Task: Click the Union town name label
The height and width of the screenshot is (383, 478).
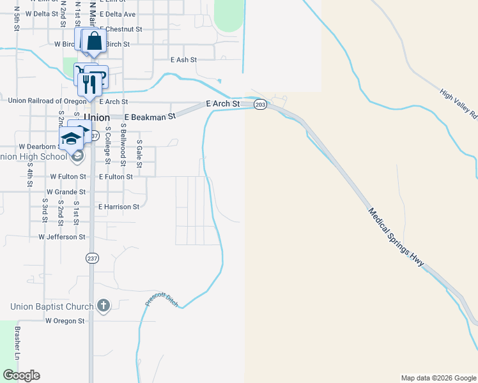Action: pyautogui.click(x=97, y=118)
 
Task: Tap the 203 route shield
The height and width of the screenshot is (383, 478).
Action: pyautogui.click(x=260, y=104)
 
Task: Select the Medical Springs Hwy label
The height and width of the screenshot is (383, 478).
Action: pyautogui.click(x=396, y=237)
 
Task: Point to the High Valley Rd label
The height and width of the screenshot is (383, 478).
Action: pyautogui.click(x=459, y=103)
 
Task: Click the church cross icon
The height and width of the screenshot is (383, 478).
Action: pyautogui.click(x=104, y=307)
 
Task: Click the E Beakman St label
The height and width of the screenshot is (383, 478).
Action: pyautogui.click(x=150, y=117)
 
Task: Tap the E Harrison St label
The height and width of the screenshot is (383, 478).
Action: pyautogui.click(x=119, y=207)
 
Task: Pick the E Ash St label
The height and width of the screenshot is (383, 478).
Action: pyautogui.click(x=183, y=59)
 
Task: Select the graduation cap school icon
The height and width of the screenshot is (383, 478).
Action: pyautogui.click(x=72, y=139)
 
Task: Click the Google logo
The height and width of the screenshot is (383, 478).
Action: pyautogui.click(x=21, y=375)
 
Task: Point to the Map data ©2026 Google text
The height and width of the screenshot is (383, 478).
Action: pyautogui.click(x=438, y=378)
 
